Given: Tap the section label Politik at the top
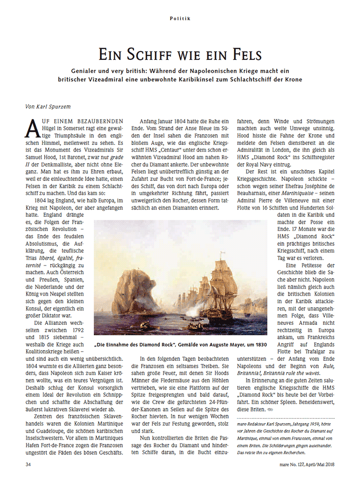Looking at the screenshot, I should [x=180, y=18].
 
